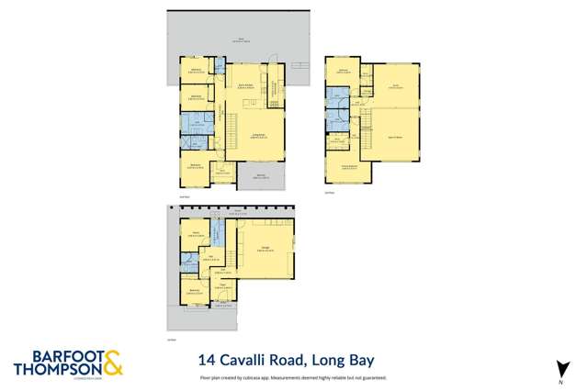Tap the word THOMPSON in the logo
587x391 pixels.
click(53, 370)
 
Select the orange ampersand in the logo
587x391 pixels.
click(111, 363)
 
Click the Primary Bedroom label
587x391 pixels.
click(348, 166)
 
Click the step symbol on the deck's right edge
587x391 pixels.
click(300, 66)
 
